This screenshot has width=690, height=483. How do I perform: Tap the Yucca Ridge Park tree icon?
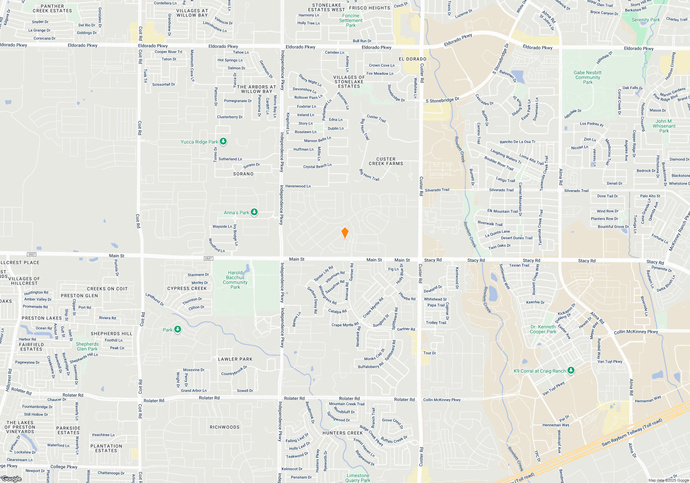point(223,141)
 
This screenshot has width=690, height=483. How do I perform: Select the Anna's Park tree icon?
point(254,212)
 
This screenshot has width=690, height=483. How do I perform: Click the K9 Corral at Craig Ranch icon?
point(571,371)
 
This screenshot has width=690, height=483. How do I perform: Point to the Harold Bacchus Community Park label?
point(235,280)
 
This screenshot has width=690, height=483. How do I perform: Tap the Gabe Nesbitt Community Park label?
point(588,77)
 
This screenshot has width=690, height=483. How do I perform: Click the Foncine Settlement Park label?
point(351,20)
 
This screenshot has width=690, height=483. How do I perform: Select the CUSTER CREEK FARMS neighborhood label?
point(386,161)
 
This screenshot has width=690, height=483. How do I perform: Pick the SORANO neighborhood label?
point(243,174)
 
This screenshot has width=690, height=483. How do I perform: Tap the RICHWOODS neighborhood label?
point(225,427)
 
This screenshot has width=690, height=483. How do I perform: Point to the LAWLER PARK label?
point(235,359)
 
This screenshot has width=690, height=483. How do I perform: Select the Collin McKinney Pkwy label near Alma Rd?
point(636,332)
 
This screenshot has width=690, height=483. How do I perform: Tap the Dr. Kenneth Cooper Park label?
point(543,329)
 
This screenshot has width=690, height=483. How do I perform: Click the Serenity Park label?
point(645,20)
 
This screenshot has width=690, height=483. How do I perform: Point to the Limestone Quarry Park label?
point(358,478)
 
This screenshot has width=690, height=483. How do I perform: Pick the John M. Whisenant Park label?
point(664,126)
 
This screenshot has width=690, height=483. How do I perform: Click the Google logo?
point(11,479)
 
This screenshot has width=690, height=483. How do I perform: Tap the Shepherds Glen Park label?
point(87,346)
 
